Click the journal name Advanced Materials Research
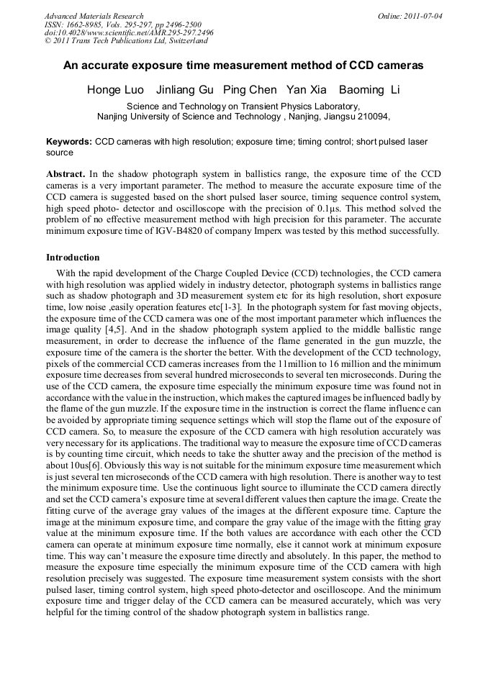click(94, 16)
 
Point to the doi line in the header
click(129, 33)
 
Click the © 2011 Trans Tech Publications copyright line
click(126, 41)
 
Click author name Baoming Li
click(369, 90)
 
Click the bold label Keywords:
click(69, 142)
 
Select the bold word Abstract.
click(65, 174)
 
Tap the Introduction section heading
click(73, 257)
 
